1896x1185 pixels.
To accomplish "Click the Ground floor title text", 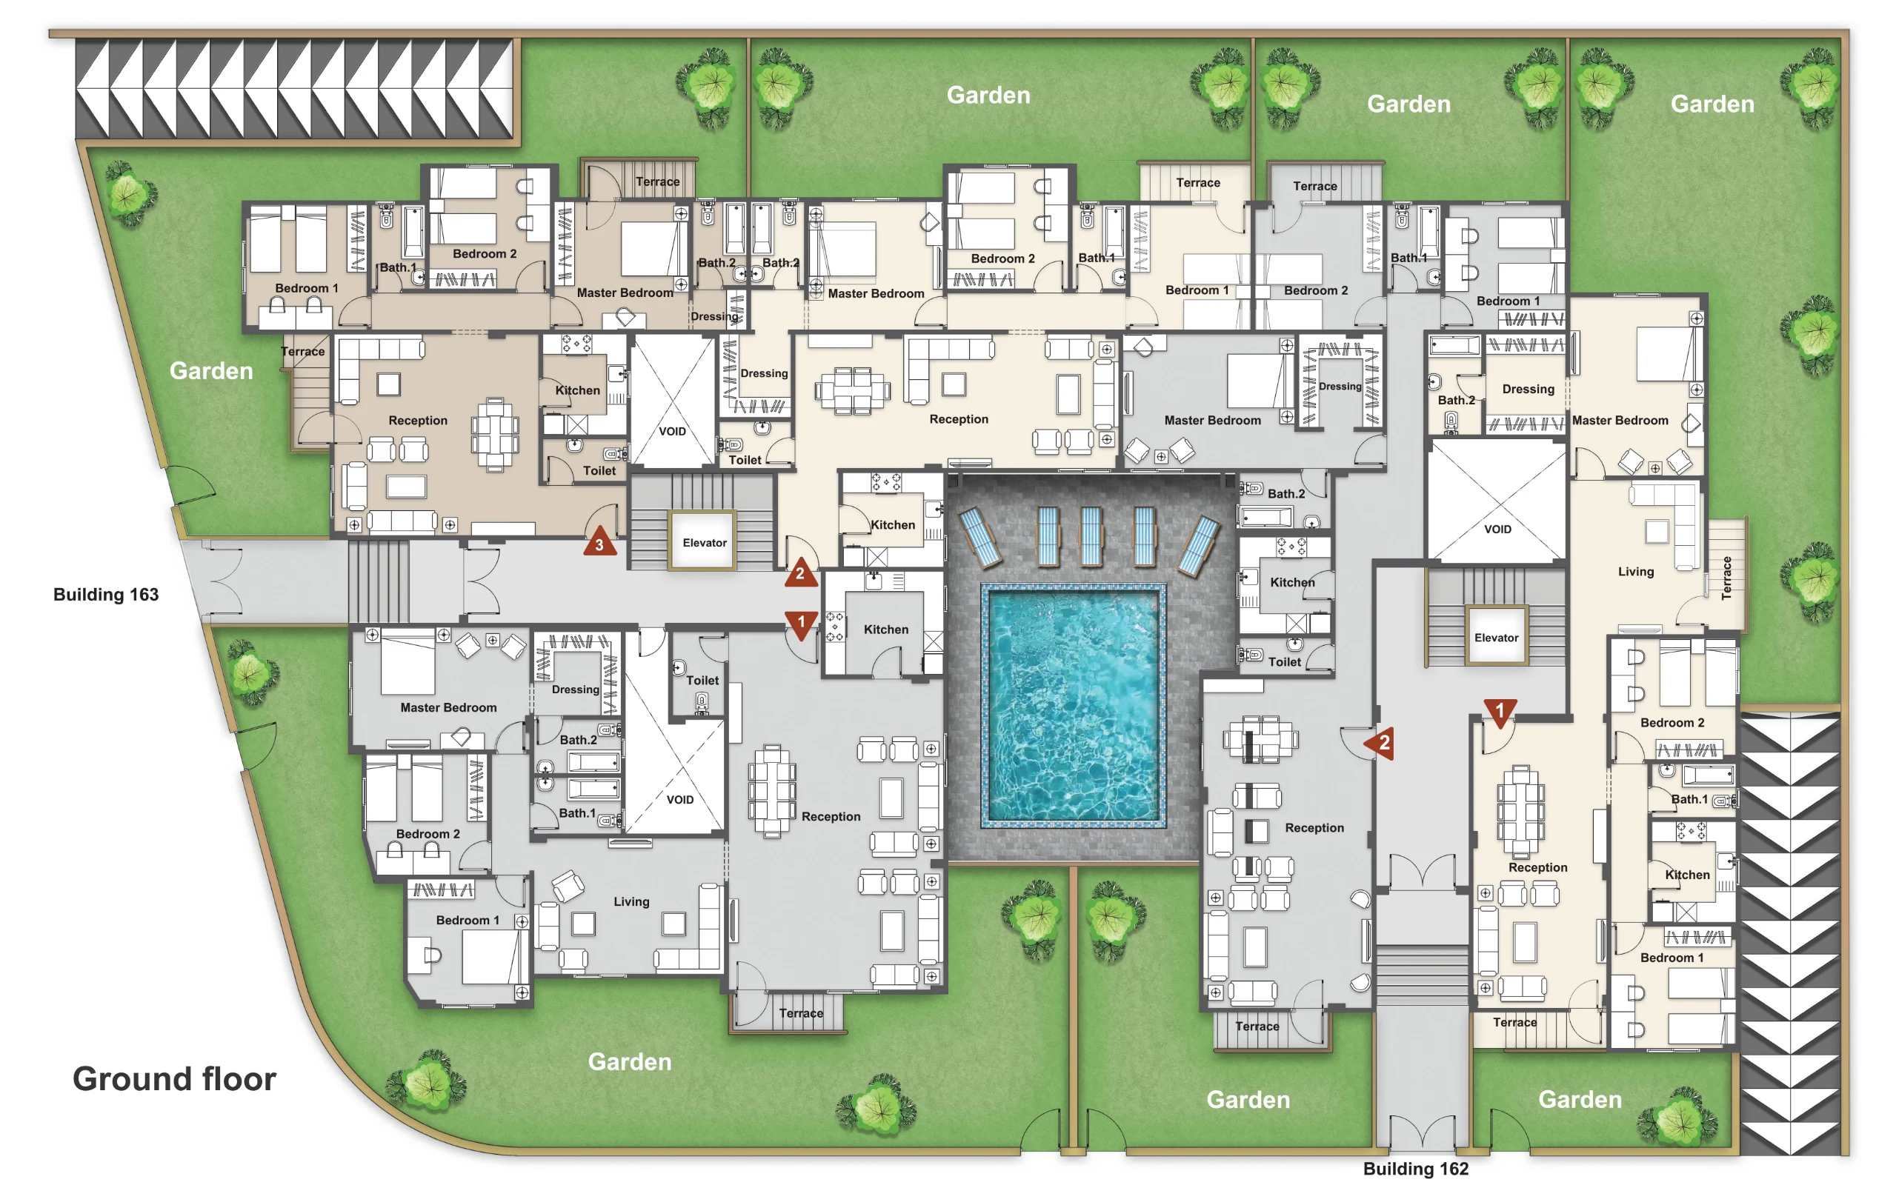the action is pyautogui.click(x=174, y=1079).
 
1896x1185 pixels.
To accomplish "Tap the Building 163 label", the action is pyautogui.click(x=106, y=595).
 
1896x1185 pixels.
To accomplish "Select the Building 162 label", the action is pyautogui.click(x=1416, y=1169).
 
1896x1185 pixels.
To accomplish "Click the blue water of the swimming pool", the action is pyautogui.click(x=1073, y=705).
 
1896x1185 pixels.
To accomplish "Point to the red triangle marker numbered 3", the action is pyautogui.click(x=599, y=541).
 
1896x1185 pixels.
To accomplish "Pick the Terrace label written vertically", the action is pyautogui.click(x=1726, y=578).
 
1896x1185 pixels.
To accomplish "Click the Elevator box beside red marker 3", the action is pyautogui.click(x=704, y=541).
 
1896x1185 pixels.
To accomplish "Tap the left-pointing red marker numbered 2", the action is pyautogui.click(x=1379, y=741).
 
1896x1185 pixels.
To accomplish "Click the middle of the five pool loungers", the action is pyautogui.click(x=1091, y=536).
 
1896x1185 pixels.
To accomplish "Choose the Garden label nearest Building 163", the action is pyautogui.click(x=211, y=371).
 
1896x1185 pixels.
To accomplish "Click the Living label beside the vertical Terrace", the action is pyautogui.click(x=1636, y=571).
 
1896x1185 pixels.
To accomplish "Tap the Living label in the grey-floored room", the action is pyautogui.click(x=631, y=901).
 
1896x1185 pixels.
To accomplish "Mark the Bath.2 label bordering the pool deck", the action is pyautogui.click(x=1286, y=494).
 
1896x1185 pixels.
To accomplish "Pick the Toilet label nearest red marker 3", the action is pyautogui.click(x=599, y=470).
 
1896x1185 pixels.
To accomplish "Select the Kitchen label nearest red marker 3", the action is pyautogui.click(x=578, y=390).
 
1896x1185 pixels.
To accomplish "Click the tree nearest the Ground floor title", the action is pyautogui.click(x=425, y=1083).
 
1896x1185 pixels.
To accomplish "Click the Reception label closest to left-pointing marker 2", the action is pyautogui.click(x=1314, y=827).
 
